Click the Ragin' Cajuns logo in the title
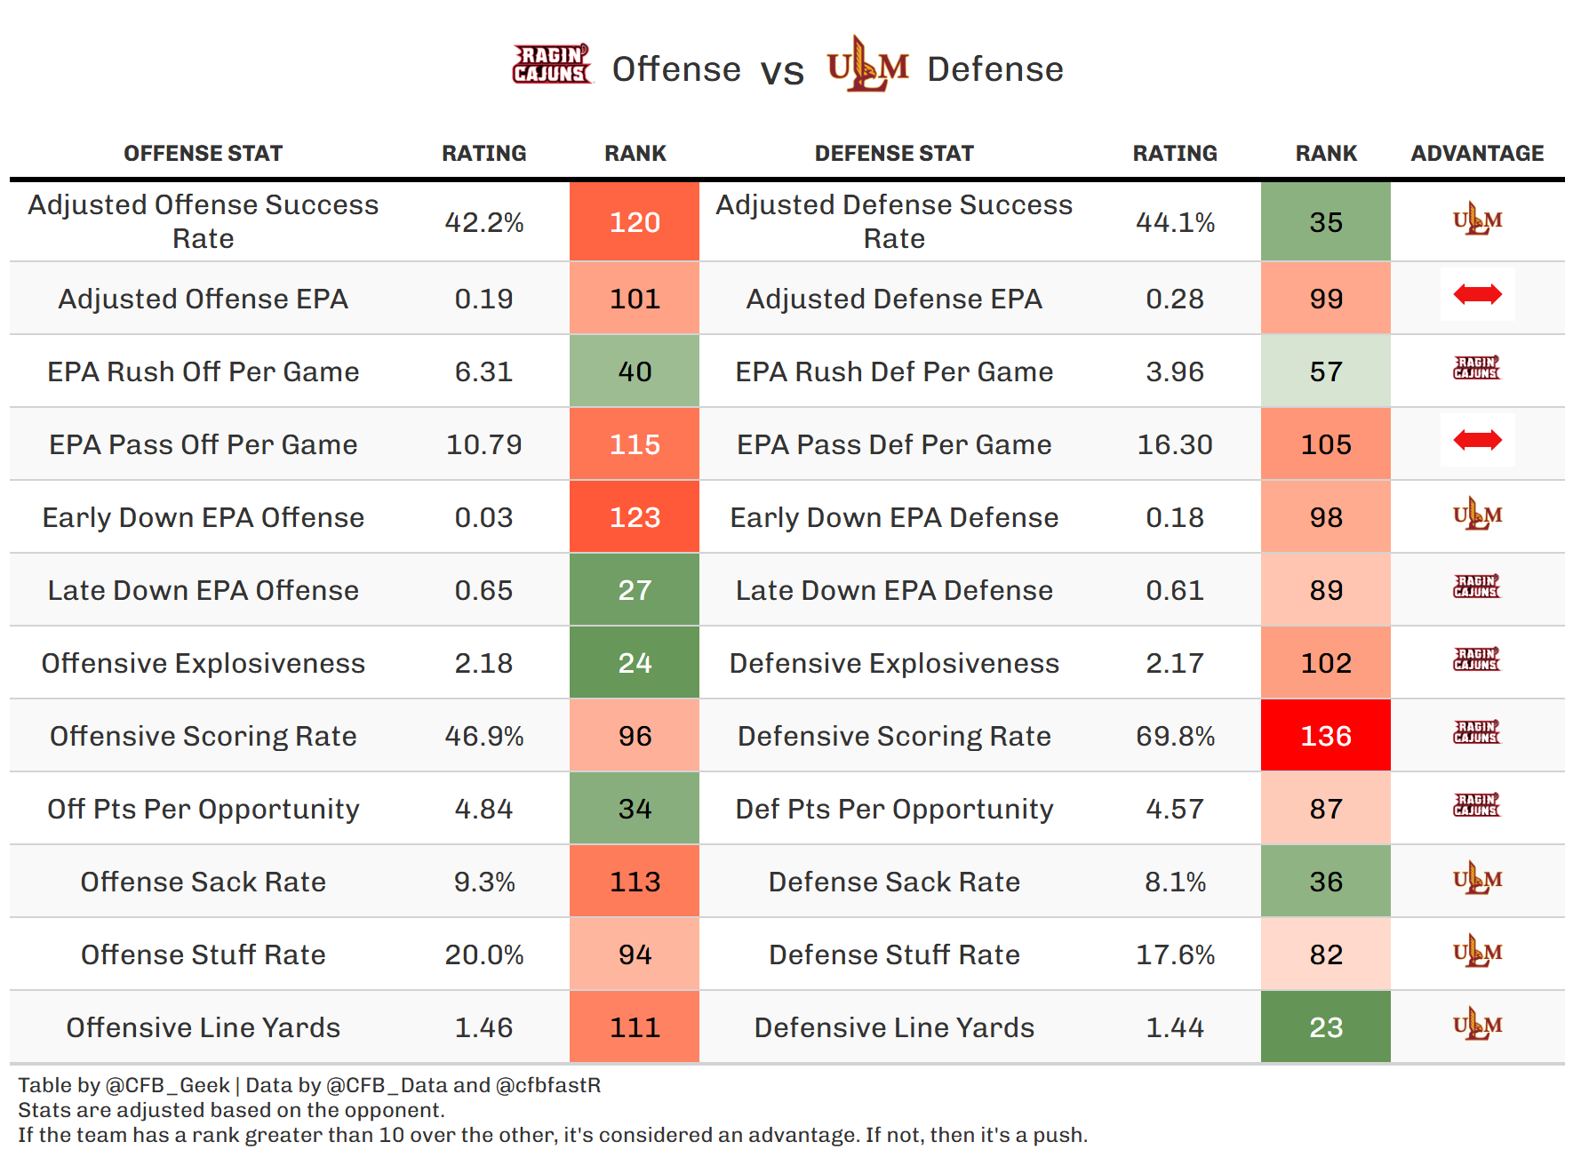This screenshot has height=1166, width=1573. tap(551, 65)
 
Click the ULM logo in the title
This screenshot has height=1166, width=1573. tap(867, 65)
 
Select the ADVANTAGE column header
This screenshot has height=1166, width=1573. tap(1477, 154)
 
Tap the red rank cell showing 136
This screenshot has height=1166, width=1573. tap(1325, 736)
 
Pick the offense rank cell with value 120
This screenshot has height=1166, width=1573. tap(635, 222)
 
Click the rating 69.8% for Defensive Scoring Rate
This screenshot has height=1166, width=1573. tap(1175, 736)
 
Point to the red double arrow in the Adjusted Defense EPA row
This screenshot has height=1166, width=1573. tap(1477, 294)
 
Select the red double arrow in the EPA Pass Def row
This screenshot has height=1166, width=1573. tap(1477, 440)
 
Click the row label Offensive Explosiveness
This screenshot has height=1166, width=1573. tap(204, 663)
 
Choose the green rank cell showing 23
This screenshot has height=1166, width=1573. tap(1325, 1027)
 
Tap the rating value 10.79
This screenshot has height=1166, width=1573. tap(483, 444)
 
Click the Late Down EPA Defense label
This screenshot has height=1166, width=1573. tap(894, 590)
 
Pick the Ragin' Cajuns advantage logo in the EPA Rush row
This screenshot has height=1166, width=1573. tap(1477, 368)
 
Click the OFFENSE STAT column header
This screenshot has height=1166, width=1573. tap(204, 154)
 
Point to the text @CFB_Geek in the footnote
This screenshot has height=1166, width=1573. tap(168, 1085)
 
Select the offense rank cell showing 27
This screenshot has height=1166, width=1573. tap(635, 590)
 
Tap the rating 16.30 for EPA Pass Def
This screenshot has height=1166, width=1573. tap(1175, 444)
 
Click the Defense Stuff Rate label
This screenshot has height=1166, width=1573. tap(894, 954)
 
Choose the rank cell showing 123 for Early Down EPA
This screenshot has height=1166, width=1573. tap(635, 517)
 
